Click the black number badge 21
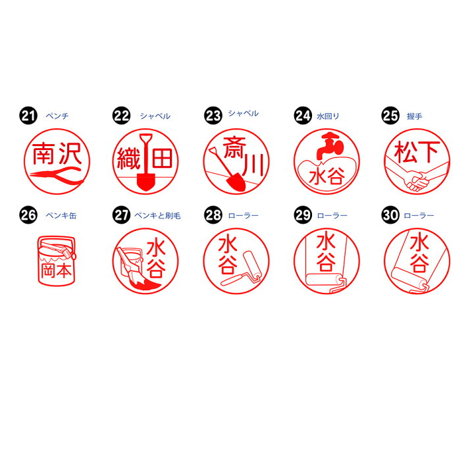pos(27,117)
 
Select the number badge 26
pos(27,214)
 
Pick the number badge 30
pos(390,214)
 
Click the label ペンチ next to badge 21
pos(57,117)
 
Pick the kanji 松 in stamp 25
pos(404,152)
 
